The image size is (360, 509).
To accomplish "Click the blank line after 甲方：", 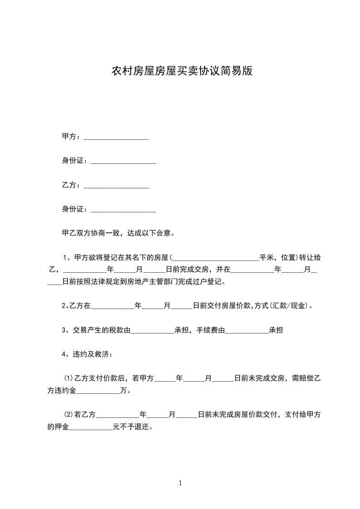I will tap(116, 137).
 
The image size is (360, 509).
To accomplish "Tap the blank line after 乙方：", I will tap(116, 186).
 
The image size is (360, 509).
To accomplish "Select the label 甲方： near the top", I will tap(72, 137).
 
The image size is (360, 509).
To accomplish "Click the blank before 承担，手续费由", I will tap(153, 331).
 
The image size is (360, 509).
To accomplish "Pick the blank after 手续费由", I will tap(247, 331).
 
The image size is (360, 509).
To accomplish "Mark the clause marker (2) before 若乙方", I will tap(69, 415).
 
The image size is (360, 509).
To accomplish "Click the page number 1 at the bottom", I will tap(180, 483).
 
